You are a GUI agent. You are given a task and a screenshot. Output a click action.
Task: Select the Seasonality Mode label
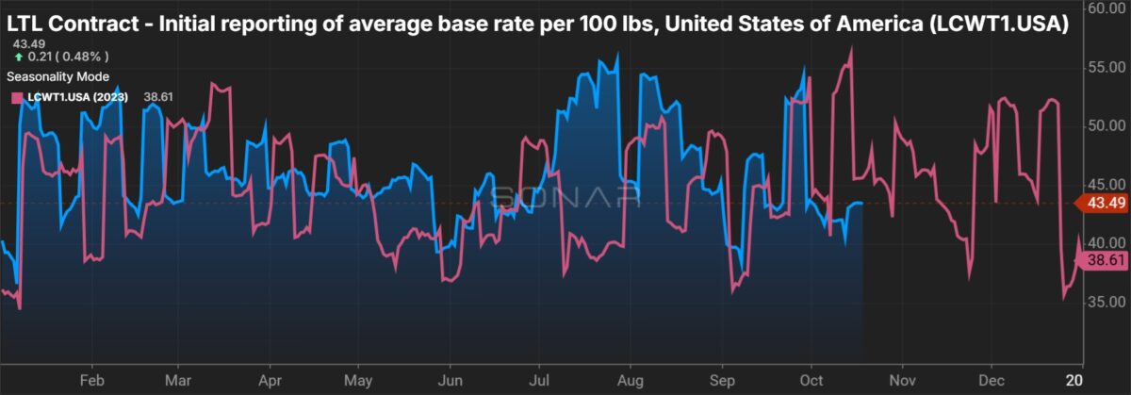coord(57,75)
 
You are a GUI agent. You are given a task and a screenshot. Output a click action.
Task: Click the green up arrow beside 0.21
coord(19,57)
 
